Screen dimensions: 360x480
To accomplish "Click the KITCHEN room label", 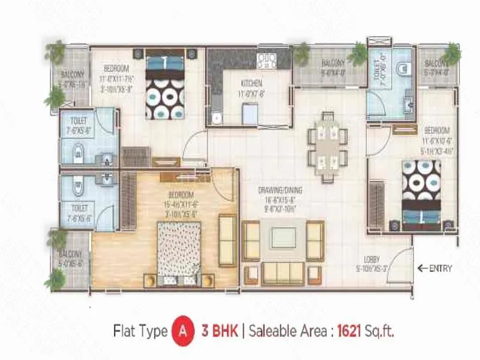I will pos(250,83).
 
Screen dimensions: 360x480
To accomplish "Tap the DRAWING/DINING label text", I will pos(280,190).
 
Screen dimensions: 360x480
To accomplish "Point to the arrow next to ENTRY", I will pos(422,268).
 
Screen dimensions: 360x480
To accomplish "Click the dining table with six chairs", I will pos(327,146).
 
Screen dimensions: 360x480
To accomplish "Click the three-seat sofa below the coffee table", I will pos(283,273).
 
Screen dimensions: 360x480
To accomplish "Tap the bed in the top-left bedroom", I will pos(164,88).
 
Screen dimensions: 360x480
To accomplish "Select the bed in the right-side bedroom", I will pos(421,195).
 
